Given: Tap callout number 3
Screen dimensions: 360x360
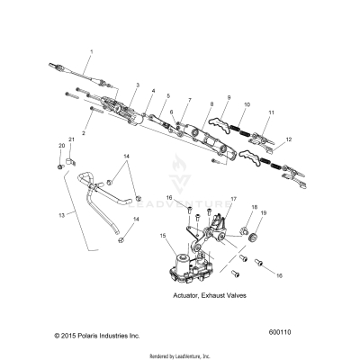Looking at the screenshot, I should pos(137,85).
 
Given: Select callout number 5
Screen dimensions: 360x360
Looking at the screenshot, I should pos(167,95).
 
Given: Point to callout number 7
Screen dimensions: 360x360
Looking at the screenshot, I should pos(189,101).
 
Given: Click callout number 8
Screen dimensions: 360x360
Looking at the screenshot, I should pos(211,104).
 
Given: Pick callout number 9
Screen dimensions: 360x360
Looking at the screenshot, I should pos(229,97).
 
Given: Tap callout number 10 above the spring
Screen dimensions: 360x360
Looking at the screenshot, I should pos(248,105).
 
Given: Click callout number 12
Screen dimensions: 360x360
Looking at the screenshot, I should pos(288,140).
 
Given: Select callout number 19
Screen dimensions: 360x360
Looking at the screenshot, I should pos(264,238).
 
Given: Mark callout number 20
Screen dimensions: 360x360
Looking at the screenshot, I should pos(61,145).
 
